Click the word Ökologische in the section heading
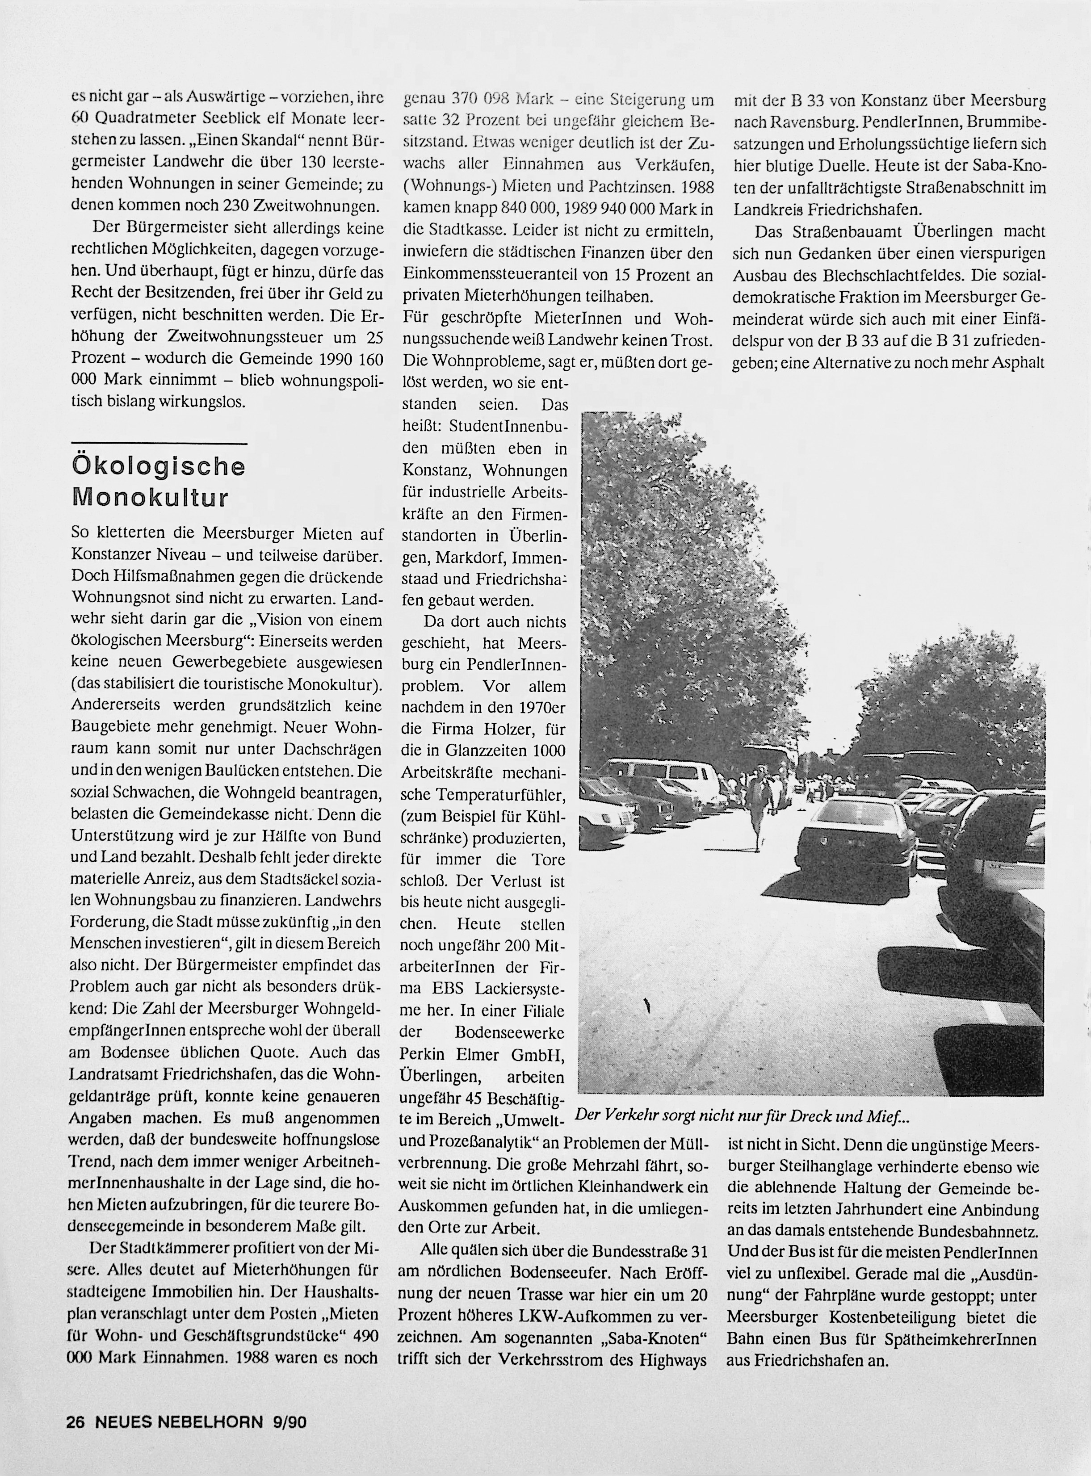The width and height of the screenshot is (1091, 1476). (159, 467)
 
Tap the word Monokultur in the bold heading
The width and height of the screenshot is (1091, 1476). (150, 497)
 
